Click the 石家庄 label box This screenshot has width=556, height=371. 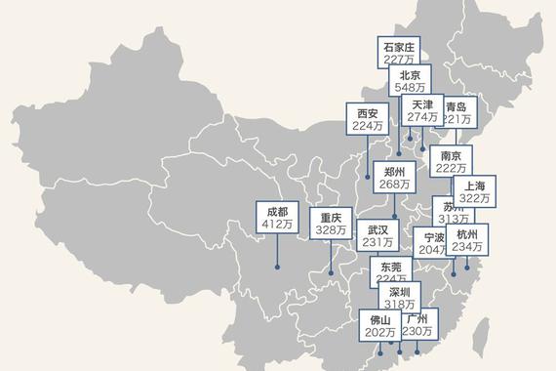(398, 52)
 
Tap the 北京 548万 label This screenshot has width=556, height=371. (410, 81)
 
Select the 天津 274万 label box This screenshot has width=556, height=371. (422, 110)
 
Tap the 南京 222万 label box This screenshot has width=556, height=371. (451, 162)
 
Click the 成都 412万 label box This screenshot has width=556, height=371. (276, 217)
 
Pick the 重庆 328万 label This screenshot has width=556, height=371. (331, 224)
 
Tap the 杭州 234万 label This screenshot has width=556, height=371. (466, 240)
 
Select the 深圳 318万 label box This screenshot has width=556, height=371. (400, 297)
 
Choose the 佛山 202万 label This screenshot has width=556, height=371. (379, 325)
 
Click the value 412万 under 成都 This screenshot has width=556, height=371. (276, 225)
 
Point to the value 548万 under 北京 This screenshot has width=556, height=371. (410, 88)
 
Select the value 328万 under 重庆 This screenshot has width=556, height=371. (331, 230)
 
